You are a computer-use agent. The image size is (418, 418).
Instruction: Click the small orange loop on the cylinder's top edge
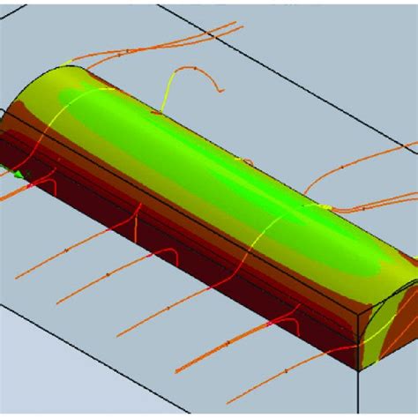tap(247, 160)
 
